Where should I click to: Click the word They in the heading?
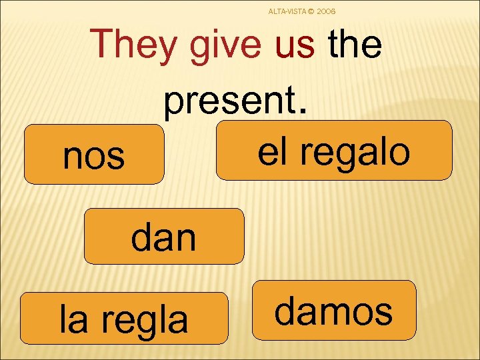[x=136, y=45]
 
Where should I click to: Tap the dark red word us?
[x=294, y=45]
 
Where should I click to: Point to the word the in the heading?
[x=355, y=45]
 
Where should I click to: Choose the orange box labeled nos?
[x=94, y=154]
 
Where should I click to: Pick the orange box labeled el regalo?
[x=334, y=151]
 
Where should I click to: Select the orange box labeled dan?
[x=163, y=237]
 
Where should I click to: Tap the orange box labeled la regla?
[x=124, y=318]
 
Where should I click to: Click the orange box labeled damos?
[x=334, y=311]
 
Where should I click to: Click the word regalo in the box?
[x=355, y=151]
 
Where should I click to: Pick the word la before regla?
[x=73, y=319]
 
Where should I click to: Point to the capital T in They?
[x=104, y=44]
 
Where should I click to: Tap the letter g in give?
[x=199, y=48]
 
